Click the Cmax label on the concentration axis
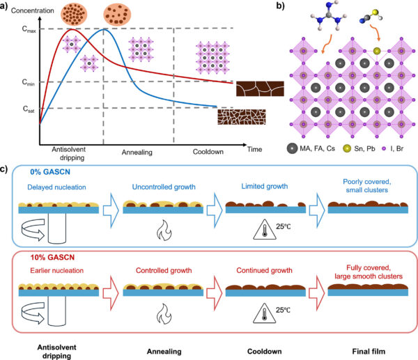(26, 28)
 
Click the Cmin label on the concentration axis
(26, 83)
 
